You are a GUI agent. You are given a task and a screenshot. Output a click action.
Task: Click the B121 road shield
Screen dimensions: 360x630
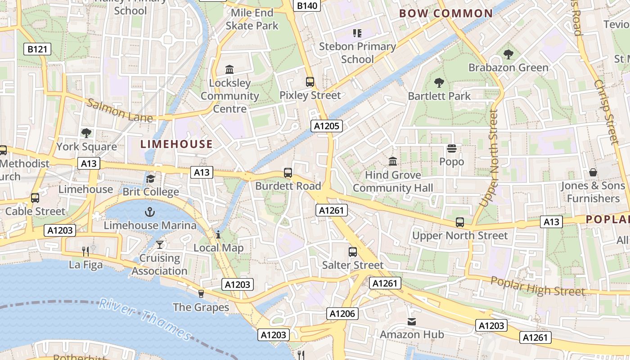[37, 49]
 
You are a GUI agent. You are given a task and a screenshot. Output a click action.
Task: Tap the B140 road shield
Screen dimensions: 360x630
[308, 5]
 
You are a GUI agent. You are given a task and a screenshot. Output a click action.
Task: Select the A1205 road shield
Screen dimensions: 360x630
[327, 126]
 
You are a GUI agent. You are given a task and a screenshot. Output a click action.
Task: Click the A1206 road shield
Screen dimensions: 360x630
[342, 314]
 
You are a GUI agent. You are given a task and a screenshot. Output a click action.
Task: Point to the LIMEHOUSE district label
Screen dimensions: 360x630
[176, 144]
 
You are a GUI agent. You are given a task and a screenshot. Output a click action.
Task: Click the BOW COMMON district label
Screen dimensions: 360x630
[446, 13]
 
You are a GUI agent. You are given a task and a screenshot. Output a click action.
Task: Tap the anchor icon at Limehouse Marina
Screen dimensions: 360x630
[150, 211]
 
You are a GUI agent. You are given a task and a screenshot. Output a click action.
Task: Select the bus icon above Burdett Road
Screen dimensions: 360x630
[288, 172]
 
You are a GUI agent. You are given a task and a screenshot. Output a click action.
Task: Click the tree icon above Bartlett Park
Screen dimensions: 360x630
[439, 82]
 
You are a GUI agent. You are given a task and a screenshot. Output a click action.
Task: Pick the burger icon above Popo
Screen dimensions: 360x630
[451, 148]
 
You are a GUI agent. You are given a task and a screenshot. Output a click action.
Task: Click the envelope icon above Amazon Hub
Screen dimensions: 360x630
[412, 321]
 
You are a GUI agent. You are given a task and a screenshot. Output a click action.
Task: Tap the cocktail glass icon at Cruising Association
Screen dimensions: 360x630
[159, 245]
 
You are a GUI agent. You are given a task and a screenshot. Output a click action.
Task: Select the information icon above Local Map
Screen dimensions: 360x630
[218, 234]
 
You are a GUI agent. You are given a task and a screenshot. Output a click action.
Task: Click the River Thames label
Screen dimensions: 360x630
[145, 318]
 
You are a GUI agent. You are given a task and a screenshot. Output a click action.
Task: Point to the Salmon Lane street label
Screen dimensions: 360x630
[119, 110]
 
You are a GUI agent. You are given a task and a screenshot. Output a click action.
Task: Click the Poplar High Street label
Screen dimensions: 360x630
[538, 286]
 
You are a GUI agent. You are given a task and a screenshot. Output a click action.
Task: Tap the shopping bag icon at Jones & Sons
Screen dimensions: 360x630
[593, 172]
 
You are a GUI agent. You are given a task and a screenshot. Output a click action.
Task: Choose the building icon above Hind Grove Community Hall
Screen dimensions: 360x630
[393, 161]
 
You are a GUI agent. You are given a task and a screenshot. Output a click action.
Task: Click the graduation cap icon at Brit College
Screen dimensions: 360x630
[150, 179]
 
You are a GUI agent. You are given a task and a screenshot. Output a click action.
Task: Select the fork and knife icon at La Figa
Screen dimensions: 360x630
[85, 251]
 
